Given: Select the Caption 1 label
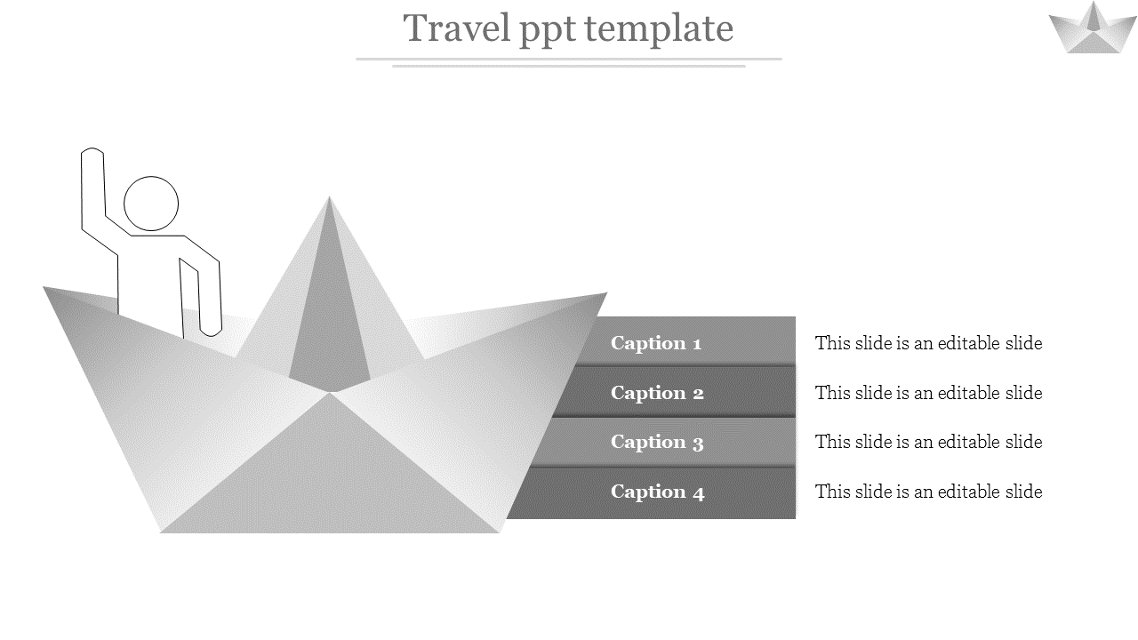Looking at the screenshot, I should tap(656, 343).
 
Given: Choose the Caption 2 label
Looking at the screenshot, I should tap(657, 393).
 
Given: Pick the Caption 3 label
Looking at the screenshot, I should tap(657, 442).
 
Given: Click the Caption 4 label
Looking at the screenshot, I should tap(657, 492).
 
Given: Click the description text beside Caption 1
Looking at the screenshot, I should tap(928, 343).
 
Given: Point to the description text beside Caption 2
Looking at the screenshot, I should tap(928, 393).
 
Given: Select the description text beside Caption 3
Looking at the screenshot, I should tap(928, 442).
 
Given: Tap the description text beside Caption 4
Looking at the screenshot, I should tap(928, 492).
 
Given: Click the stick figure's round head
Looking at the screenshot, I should tap(151, 204).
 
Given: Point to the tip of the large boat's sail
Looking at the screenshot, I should tap(330, 199).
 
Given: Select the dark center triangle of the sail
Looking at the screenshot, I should tap(329, 329).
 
